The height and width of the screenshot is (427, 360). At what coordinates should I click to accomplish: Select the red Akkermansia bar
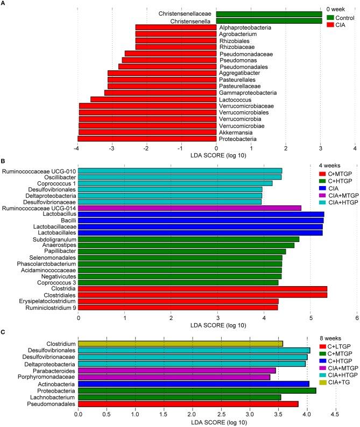coord(147,132)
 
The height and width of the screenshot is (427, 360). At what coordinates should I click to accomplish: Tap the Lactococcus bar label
coord(233,99)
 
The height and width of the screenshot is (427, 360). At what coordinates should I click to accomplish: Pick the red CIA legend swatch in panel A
coord(331,25)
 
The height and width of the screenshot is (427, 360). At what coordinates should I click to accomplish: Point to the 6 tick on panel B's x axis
coord(357,317)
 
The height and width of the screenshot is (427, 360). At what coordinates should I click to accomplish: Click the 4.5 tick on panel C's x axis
coord(336,415)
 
